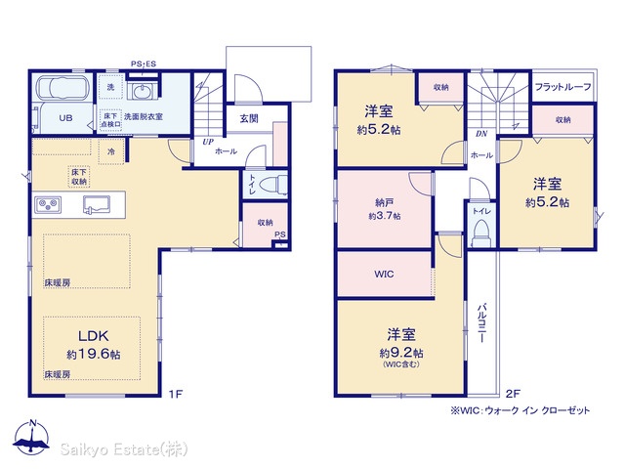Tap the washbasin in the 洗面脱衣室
tap(141, 92)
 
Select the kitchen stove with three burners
tap(48, 205)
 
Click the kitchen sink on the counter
tap(97, 204)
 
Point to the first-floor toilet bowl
tap(273, 185)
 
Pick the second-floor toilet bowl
tap(481, 234)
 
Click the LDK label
tap(94, 336)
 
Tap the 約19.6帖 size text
tap(94, 354)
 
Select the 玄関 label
tap(249, 118)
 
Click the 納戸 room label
tap(384, 203)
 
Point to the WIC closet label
tap(384, 275)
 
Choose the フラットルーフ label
tap(562, 87)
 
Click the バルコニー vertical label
tap(481, 323)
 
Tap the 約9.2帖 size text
tap(401, 353)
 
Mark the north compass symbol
tap(31, 438)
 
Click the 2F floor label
tap(513, 394)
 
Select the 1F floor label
tap(175, 394)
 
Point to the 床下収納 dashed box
tap(79, 177)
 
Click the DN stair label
tap(481, 134)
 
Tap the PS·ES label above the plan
tap(144, 64)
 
